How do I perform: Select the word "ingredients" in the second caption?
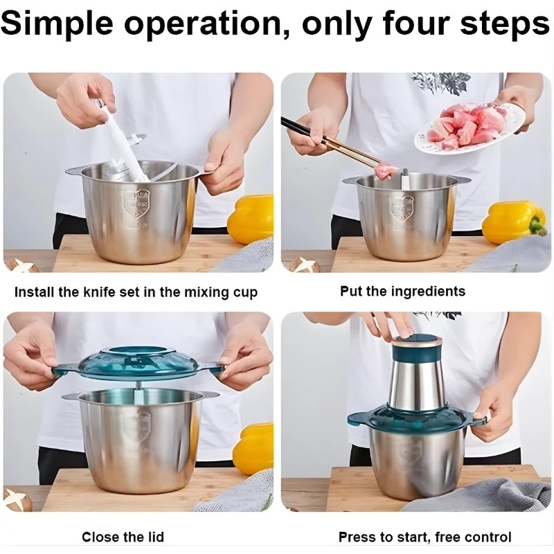pyautogui.click(x=427, y=292)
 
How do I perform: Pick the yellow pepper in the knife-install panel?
pyautogui.click(x=251, y=219)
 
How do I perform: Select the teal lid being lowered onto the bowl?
pyautogui.click(x=138, y=363)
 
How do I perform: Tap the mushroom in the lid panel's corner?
pyautogui.click(x=18, y=499)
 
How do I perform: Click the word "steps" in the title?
pyautogui.click(x=503, y=24)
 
